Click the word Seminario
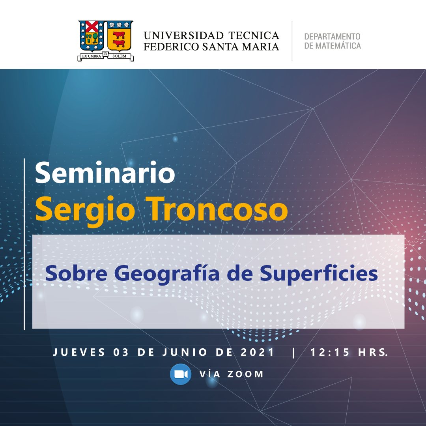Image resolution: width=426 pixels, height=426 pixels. coord(105,172)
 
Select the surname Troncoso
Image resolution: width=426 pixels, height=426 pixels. coord(216,209)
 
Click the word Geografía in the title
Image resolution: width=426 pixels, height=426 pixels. coord(166,274)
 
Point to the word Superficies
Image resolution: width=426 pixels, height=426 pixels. coord(319,274)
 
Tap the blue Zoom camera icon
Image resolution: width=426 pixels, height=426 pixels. coord(181,374)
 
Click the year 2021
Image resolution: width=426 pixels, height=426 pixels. coord(257,352)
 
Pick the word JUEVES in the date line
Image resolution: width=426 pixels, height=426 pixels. coord(79,352)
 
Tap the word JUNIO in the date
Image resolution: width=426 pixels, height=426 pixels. coord(185,352)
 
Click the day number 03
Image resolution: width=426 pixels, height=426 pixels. coord(121,352)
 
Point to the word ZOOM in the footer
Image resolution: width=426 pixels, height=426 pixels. coord(245,374)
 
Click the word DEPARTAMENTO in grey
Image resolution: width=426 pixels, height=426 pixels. coord(332,36)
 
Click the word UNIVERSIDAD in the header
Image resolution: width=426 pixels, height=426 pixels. coord(184,35)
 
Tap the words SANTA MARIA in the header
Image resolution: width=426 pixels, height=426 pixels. coord(241,47)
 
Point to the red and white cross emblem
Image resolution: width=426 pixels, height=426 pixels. coord(92,26)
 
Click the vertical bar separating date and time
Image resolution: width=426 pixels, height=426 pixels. coord(293,353)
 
